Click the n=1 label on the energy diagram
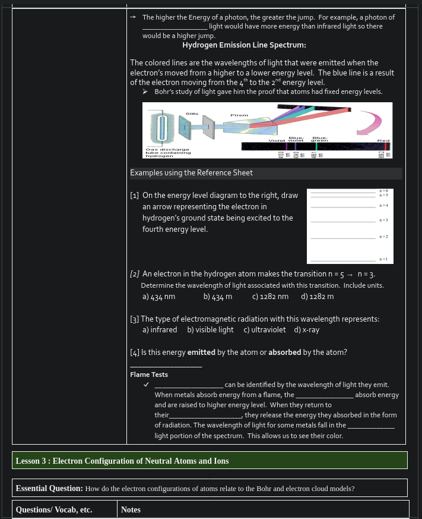click(383, 259)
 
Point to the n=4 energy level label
click(383, 206)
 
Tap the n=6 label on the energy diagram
click(383, 190)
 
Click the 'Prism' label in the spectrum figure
click(239, 115)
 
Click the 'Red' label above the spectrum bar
click(383, 140)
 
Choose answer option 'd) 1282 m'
click(318, 296)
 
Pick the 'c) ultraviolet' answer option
click(264, 330)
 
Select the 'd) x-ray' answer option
click(307, 330)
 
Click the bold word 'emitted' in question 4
click(201, 353)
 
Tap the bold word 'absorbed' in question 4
click(284, 353)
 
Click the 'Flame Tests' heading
click(149, 375)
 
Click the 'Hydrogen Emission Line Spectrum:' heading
click(244, 46)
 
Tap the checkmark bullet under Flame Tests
click(145, 385)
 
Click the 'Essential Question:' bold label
click(49, 488)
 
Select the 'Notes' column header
click(131, 509)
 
